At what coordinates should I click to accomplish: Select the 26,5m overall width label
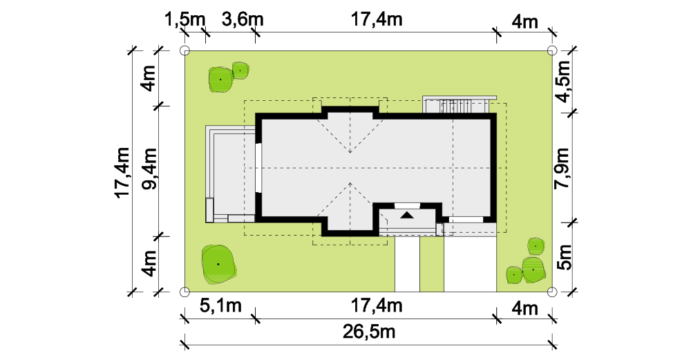(369, 332)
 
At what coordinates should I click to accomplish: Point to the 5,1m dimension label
(221, 305)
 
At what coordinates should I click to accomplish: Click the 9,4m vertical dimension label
(149, 169)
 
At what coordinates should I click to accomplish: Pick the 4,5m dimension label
(563, 82)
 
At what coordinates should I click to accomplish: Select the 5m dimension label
(565, 257)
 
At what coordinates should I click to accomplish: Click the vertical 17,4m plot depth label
(123, 173)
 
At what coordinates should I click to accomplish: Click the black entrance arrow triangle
(407, 215)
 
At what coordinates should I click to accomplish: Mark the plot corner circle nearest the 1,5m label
(185, 50)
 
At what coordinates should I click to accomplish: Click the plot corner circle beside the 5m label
(552, 292)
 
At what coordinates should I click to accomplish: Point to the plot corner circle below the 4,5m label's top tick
(552, 50)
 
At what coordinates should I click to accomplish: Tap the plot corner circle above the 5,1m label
(185, 292)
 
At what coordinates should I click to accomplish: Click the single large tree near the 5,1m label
(218, 264)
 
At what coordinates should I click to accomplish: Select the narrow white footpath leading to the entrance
(407, 264)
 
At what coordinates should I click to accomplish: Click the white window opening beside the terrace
(258, 168)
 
